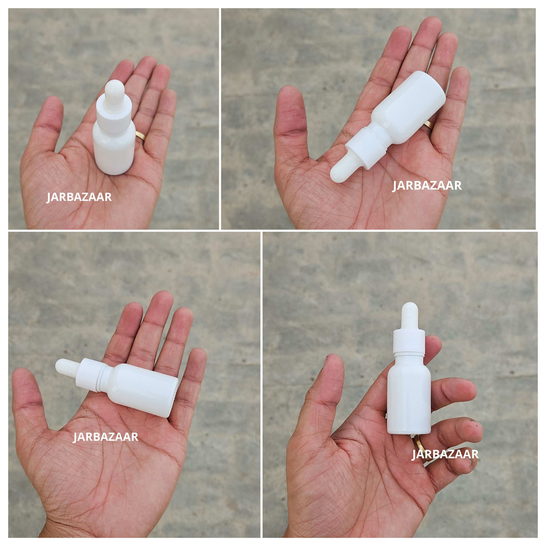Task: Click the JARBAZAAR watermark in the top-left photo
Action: (79, 197)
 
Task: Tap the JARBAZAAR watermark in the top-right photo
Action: (427, 186)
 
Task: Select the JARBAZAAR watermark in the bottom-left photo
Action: (106, 437)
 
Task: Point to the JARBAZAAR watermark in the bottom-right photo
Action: (445, 454)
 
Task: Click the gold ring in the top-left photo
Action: (141, 136)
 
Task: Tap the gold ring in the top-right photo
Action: (428, 125)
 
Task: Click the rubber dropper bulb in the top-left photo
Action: (114, 91)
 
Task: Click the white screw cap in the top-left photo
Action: (114, 114)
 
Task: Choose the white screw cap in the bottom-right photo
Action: (409, 343)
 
